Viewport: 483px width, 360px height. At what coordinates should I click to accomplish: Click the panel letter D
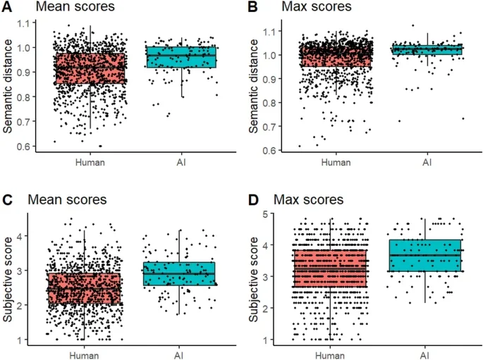(x=250, y=199)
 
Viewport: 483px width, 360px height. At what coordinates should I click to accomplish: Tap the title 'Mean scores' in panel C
(x=62, y=200)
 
